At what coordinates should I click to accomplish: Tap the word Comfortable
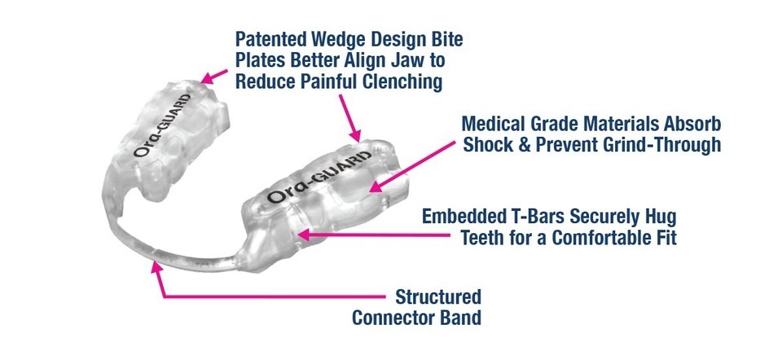(x=594, y=238)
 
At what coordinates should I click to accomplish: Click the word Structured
(x=438, y=296)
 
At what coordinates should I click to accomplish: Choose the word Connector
(x=393, y=318)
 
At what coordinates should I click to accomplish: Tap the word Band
(x=461, y=318)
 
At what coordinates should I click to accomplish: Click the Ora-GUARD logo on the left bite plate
(x=162, y=125)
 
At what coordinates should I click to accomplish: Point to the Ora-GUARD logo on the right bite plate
(x=319, y=176)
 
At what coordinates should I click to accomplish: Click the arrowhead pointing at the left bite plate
(x=206, y=79)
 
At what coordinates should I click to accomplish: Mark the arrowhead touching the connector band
(x=157, y=266)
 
